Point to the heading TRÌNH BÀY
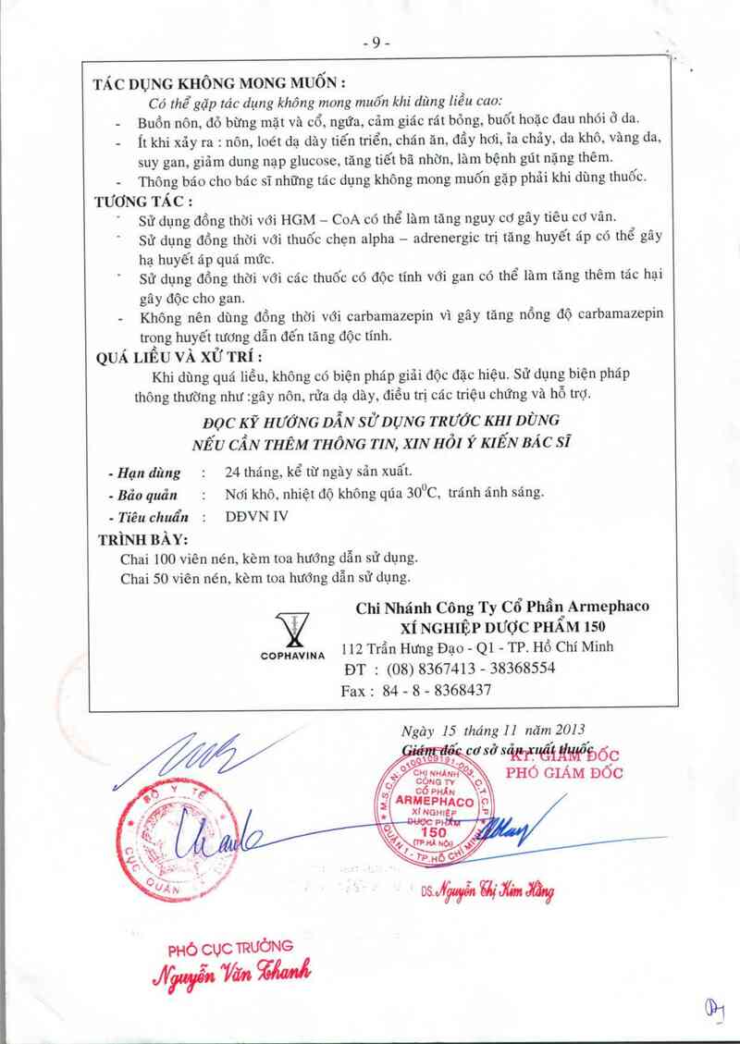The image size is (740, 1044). [142, 539]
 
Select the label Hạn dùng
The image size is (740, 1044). [143, 472]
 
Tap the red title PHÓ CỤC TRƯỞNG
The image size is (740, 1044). [230, 947]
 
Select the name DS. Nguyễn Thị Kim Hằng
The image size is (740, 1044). [487, 891]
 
